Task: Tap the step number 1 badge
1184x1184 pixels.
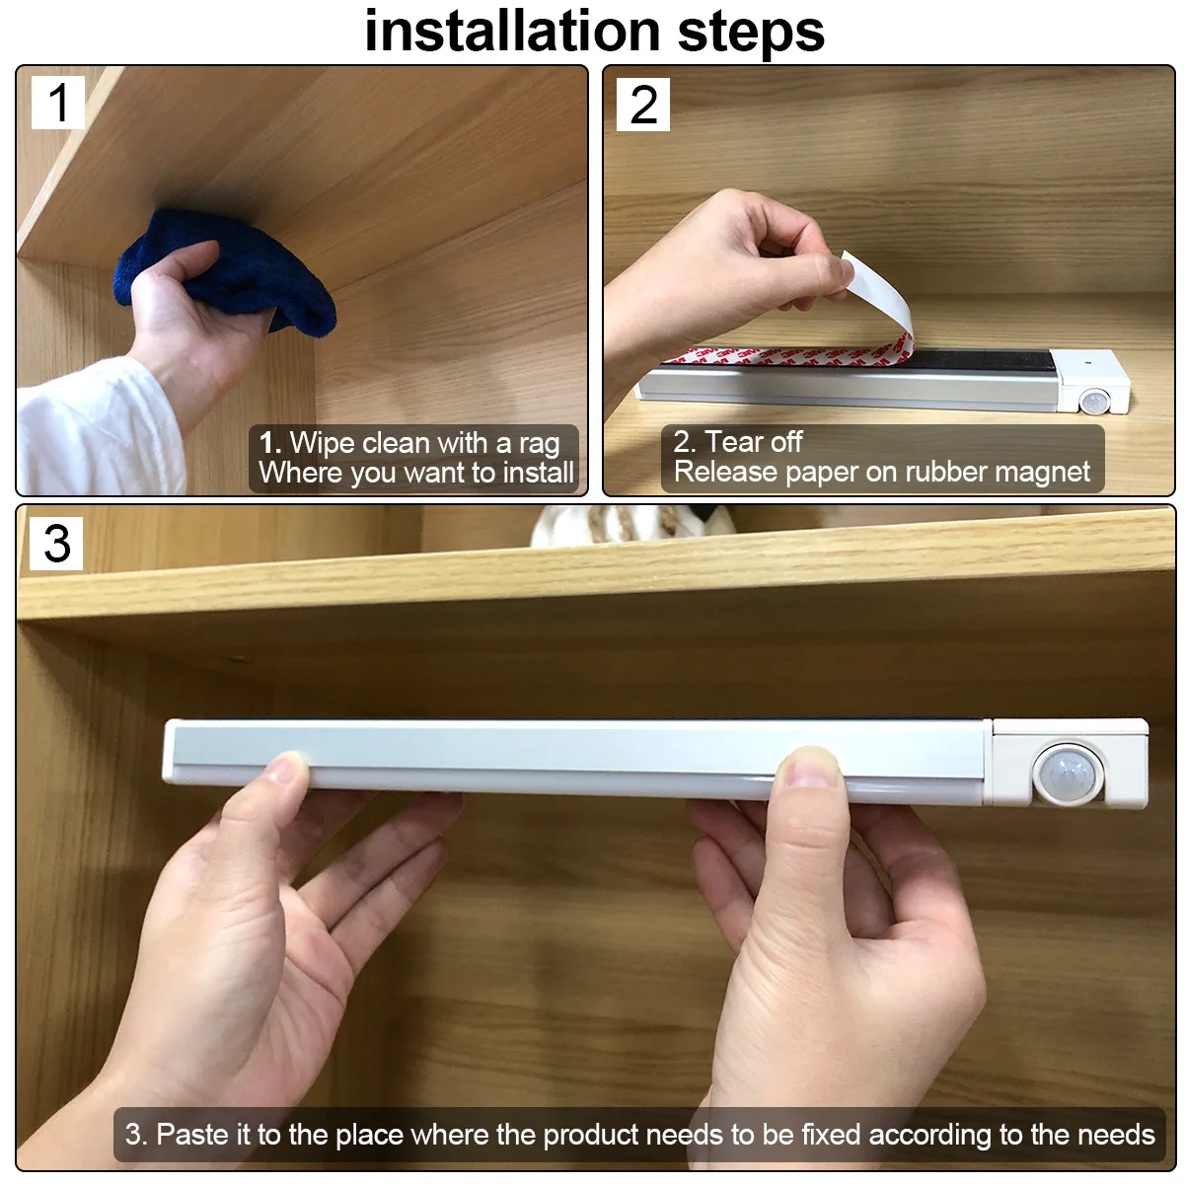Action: point(58,103)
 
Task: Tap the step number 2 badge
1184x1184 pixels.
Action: point(643,105)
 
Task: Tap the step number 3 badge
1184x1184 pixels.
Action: point(57,543)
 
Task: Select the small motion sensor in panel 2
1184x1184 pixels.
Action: point(1093,402)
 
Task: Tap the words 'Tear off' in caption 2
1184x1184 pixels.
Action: point(754,441)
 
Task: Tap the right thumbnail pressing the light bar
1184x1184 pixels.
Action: point(809,768)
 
